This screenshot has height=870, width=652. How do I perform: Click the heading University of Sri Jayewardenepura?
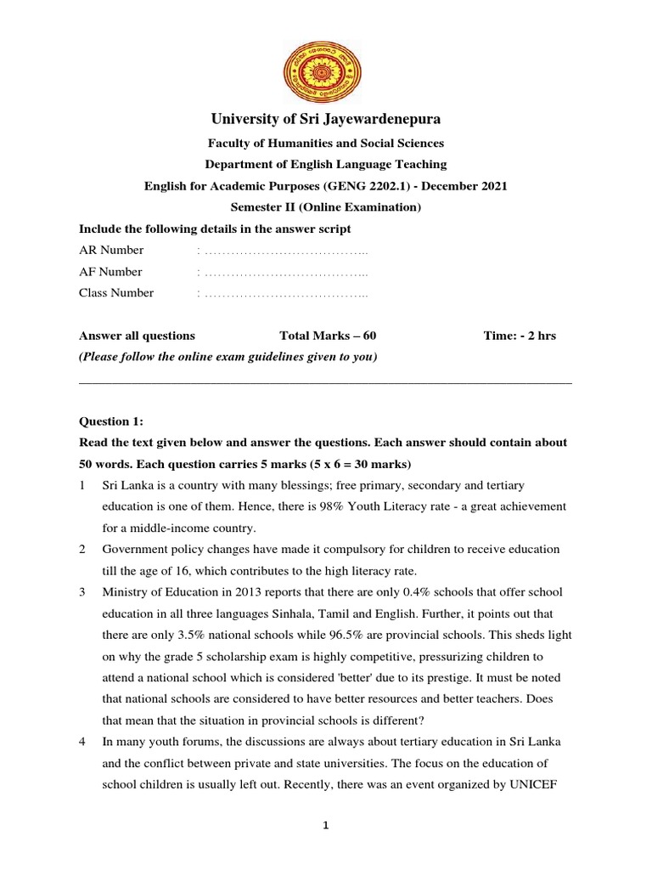[326, 119]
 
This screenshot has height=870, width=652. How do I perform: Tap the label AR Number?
[111, 250]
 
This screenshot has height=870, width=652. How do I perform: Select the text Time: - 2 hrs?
[520, 336]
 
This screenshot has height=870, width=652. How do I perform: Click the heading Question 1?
[111, 421]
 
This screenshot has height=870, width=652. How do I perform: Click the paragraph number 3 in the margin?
[82, 592]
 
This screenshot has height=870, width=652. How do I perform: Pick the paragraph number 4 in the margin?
[82, 742]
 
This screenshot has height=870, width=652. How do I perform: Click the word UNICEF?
[539, 785]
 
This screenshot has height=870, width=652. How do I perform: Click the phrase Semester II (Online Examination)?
[326, 207]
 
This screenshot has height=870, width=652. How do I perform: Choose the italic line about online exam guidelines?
[228, 357]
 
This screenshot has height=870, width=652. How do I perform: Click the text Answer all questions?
[137, 336]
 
